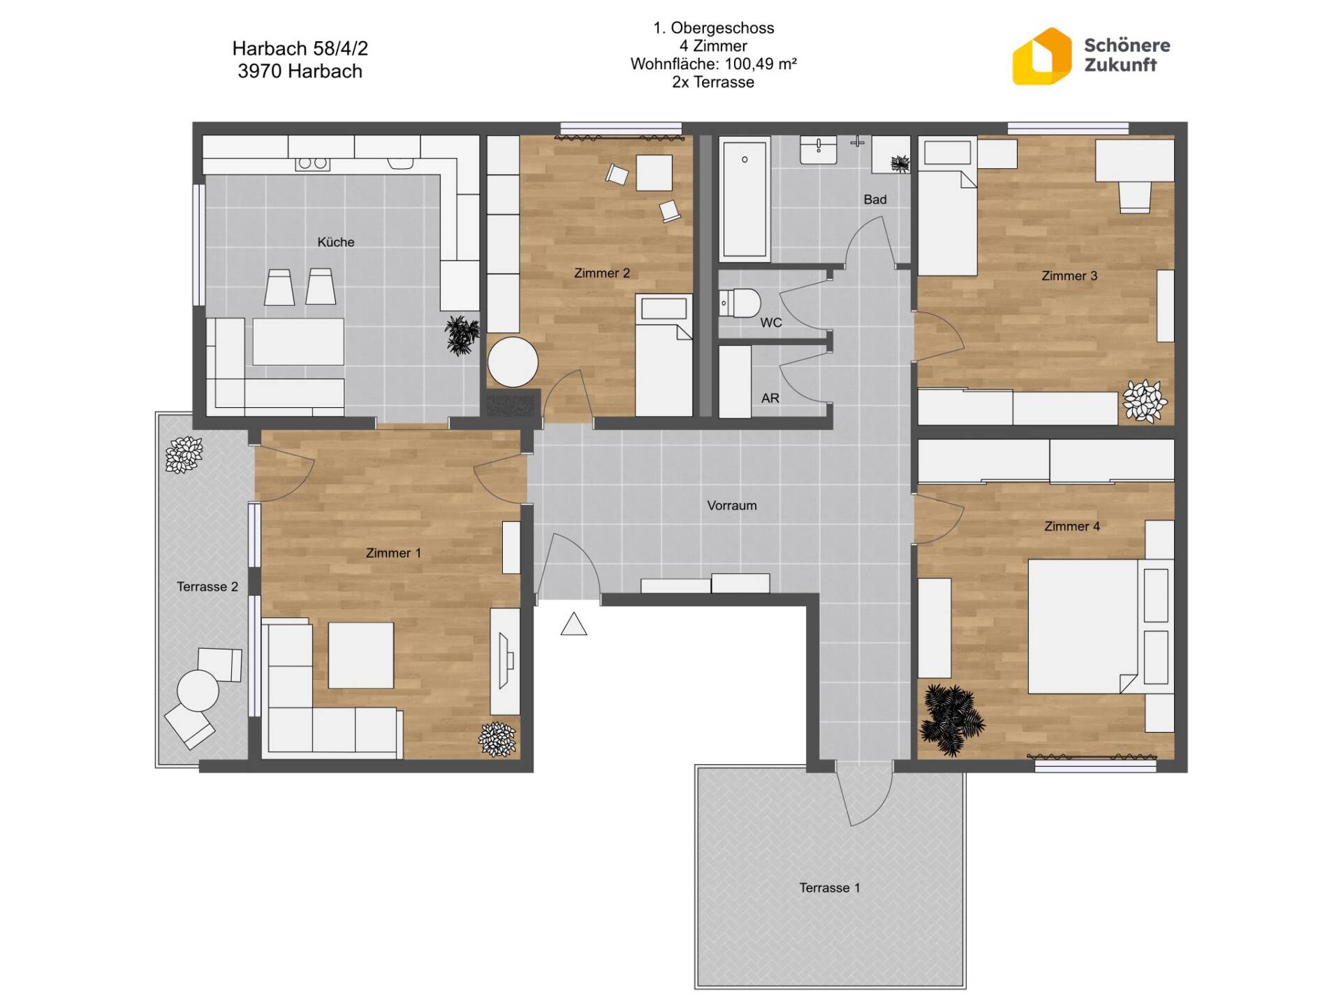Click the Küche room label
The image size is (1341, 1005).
point(336,242)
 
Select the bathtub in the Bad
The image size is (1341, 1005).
point(745,198)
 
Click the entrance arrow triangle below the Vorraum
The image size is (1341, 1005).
point(573,624)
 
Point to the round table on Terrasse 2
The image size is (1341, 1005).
point(198,691)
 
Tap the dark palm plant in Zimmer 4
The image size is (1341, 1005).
point(951,720)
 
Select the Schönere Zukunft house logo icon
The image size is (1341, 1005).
point(1041,57)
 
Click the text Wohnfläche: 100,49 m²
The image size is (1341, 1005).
point(713,64)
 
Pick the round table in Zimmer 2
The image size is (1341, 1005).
point(513,362)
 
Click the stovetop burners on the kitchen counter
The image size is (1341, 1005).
point(312,163)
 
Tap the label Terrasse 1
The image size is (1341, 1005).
point(830,888)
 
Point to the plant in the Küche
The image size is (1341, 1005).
point(462,335)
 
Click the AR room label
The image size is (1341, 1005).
point(770,398)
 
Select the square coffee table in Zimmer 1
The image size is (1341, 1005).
point(360,655)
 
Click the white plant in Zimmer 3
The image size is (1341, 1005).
point(1144,401)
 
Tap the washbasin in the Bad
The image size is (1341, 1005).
point(819,149)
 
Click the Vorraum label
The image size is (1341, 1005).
point(732,506)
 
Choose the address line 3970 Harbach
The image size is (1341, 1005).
point(300,71)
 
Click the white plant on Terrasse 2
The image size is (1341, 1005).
point(184,455)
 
